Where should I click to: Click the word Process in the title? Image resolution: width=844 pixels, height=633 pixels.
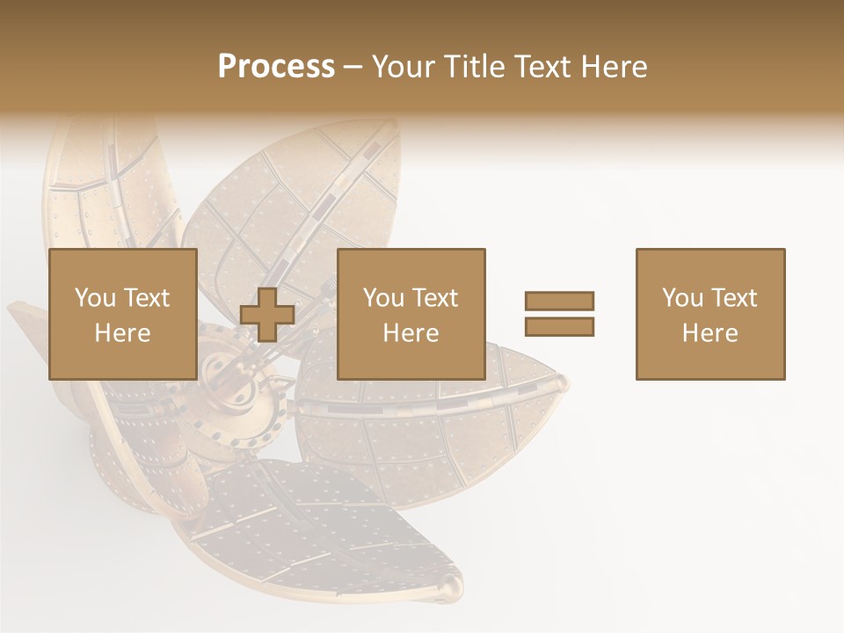click(x=276, y=67)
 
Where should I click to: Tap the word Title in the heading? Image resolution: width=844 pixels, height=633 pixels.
click(x=476, y=67)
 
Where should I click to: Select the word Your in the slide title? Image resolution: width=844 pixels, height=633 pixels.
click(x=404, y=67)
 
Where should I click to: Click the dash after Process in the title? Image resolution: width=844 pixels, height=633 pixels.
click(x=353, y=67)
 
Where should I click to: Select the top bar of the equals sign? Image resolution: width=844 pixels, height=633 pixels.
click(x=559, y=301)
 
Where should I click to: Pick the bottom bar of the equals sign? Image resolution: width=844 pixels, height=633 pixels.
click(x=559, y=326)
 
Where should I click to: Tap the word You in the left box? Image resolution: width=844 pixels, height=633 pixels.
click(x=95, y=298)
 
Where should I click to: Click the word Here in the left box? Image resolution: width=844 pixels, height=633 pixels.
click(x=122, y=333)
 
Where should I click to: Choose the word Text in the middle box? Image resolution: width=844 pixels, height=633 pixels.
click(x=435, y=298)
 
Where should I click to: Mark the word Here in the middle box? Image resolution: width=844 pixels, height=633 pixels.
click(x=411, y=333)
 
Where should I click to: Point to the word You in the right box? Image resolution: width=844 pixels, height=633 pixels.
click(x=683, y=298)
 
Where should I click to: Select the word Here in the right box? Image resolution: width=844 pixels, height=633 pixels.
click(x=709, y=333)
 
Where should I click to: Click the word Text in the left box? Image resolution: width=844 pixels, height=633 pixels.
click(x=146, y=298)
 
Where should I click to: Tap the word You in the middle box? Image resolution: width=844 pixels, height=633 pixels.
click(x=384, y=298)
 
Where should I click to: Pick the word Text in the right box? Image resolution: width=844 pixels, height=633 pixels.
click(x=734, y=298)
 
